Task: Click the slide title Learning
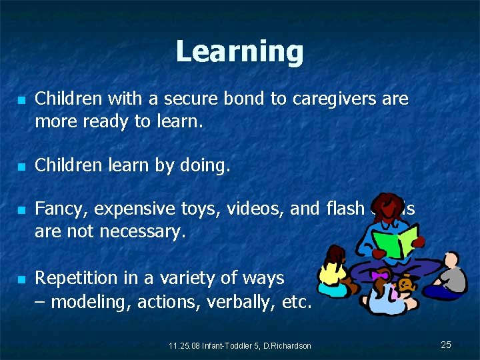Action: pos(239,51)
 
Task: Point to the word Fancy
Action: pos(61,209)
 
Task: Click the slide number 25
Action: pos(446,345)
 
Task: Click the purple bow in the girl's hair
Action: pos(380,275)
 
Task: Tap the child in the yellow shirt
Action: pos(333,272)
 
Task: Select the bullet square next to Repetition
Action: pos(21,279)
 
